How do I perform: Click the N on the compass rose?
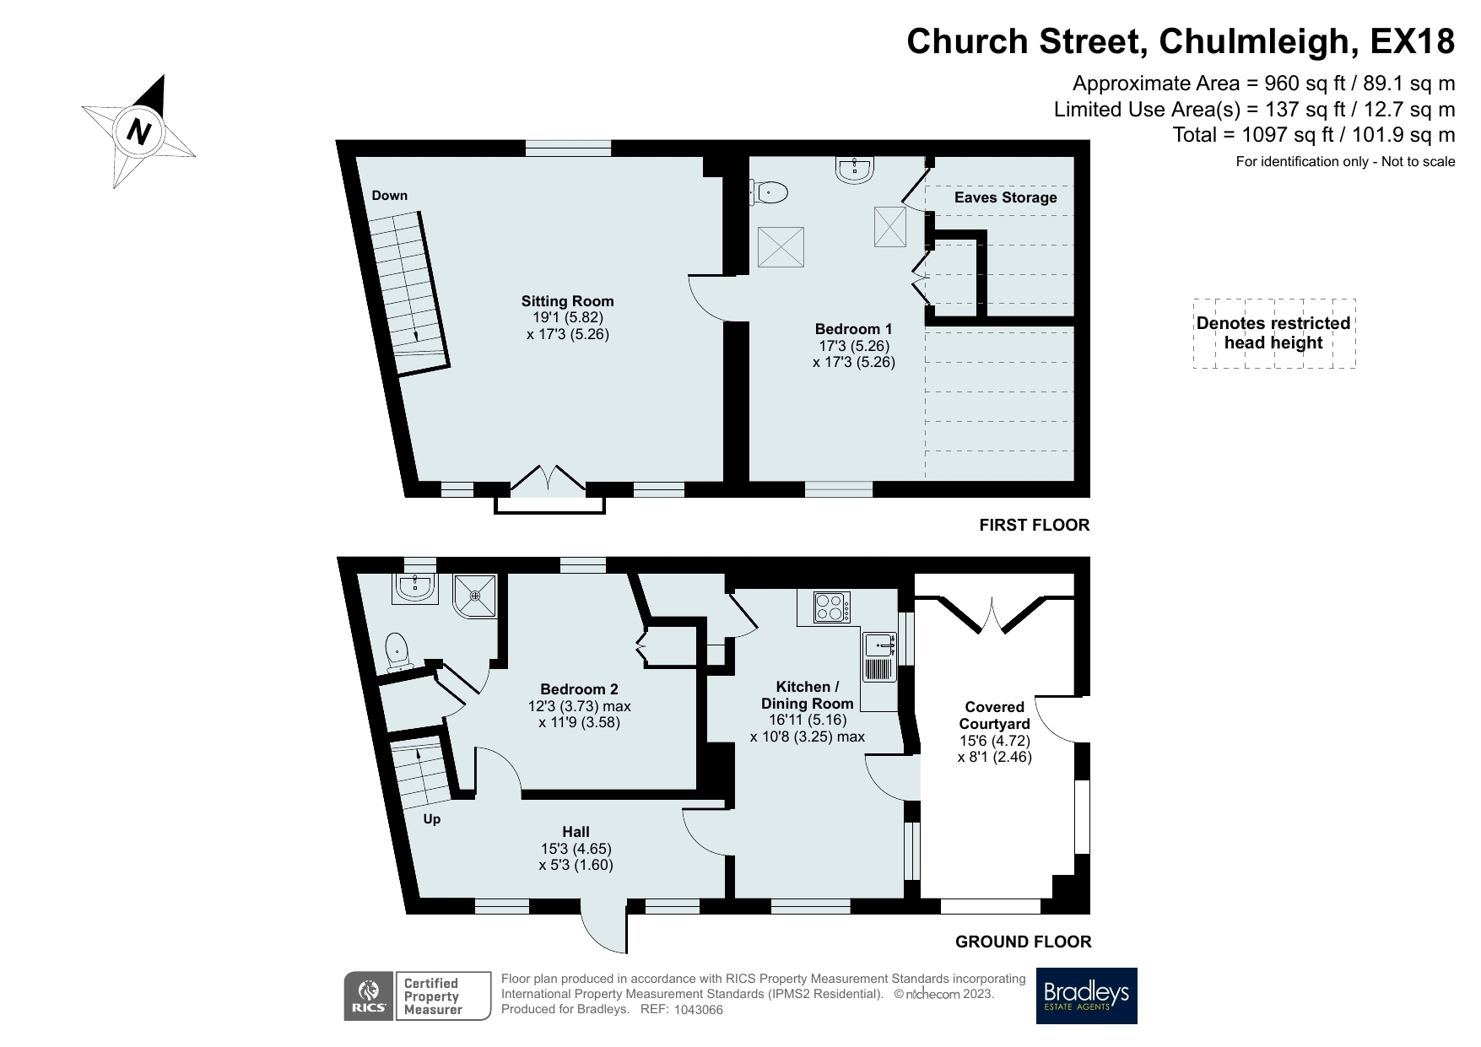click(138, 131)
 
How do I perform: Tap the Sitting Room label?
click(567, 301)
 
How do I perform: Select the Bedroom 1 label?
click(853, 329)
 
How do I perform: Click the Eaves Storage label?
click(1005, 197)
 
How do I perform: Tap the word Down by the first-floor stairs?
click(389, 196)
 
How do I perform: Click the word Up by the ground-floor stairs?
click(431, 819)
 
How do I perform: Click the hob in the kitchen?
click(831, 607)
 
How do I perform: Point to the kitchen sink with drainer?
click(878, 656)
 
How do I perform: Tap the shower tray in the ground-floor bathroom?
click(475, 596)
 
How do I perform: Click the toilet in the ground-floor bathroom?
click(397, 653)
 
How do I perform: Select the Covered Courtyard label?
click(994, 715)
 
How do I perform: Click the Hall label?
click(576, 832)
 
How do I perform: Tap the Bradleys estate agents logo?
click(1086, 996)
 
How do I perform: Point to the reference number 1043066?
click(694, 1010)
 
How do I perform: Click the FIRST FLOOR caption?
click(1034, 525)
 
